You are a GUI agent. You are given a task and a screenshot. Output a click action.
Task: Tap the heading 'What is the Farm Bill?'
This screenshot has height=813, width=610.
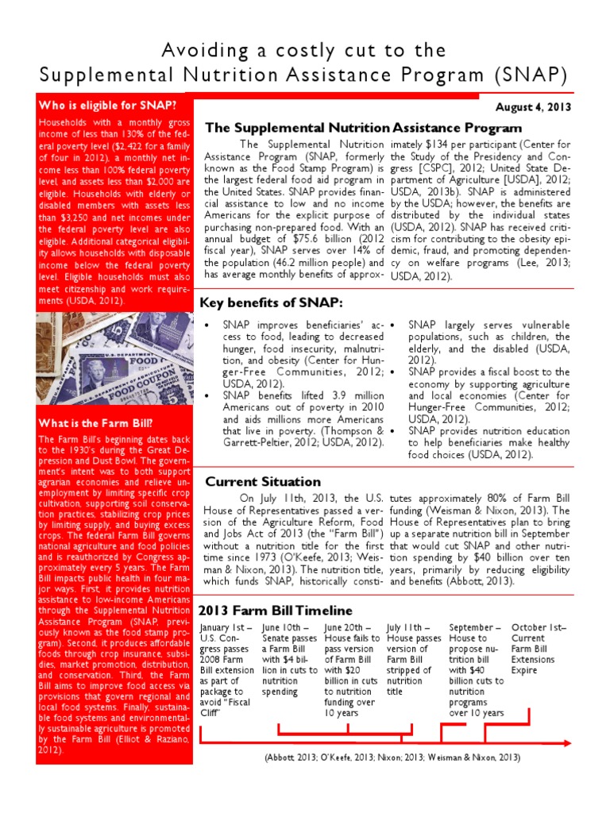tap(85, 422)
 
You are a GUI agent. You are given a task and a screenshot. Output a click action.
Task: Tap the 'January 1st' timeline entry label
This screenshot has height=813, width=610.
tap(225, 627)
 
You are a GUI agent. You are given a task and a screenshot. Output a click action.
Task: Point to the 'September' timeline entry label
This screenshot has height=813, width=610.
tap(474, 627)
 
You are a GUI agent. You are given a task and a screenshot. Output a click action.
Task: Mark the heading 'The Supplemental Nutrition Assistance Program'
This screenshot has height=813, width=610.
tap(363, 127)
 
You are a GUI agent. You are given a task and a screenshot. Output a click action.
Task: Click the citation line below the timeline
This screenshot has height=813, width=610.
tap(392, 757)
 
